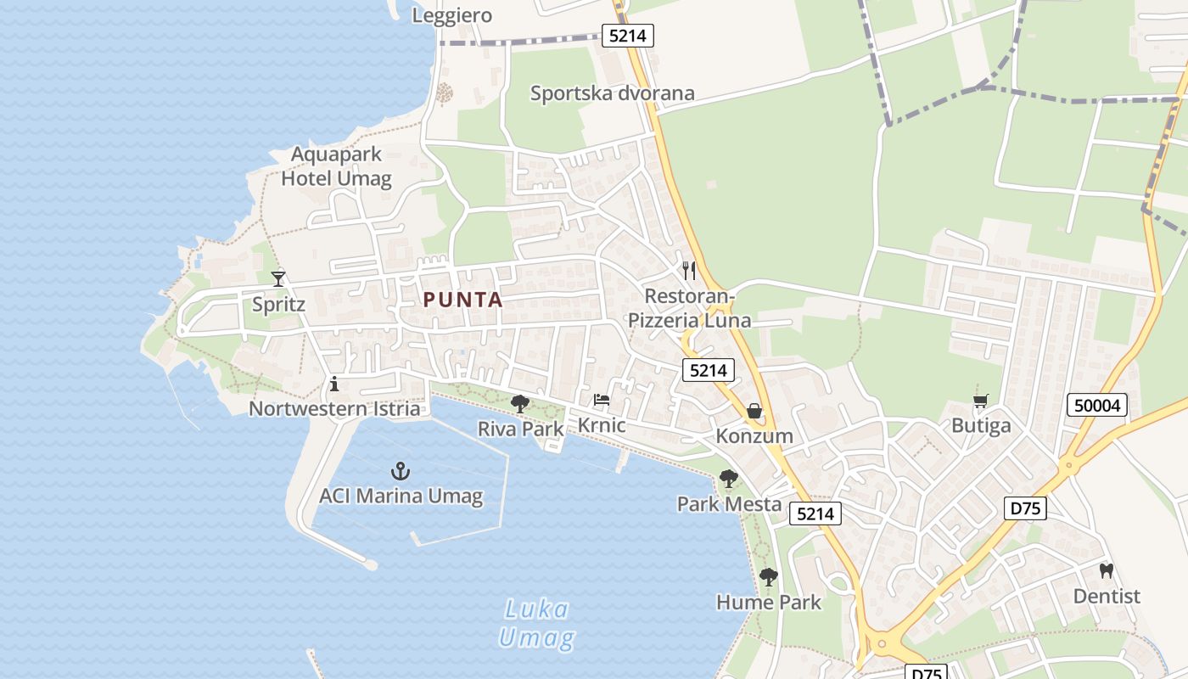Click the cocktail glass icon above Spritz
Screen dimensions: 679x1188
click(277, 278)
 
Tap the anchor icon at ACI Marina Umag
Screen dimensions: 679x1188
click(401, 471)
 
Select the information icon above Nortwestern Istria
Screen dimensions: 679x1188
click(334, 384)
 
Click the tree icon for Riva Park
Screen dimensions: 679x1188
click(520, 404)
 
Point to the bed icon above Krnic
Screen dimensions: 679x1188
click(602, 399)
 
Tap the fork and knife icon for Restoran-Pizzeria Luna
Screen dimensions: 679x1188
click(689, 271)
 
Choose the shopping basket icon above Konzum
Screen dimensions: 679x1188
click(754, 412)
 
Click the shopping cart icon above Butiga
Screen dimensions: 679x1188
click(981, 401)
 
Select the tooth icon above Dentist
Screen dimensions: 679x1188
click(1107, 571)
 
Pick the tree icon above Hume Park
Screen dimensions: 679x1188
click(769, 578)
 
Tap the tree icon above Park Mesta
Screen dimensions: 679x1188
click(729, 479)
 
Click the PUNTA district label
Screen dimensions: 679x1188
click(463, 300)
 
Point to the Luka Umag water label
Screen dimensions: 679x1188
click(536, 623)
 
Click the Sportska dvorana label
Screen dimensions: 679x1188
click(613, 93)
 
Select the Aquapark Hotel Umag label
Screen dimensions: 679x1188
click(337, 166)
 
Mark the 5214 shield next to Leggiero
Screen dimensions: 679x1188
click(628, 36)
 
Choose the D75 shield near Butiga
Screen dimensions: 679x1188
click(1026, 508)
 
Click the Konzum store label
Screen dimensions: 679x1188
click(754, 436)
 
